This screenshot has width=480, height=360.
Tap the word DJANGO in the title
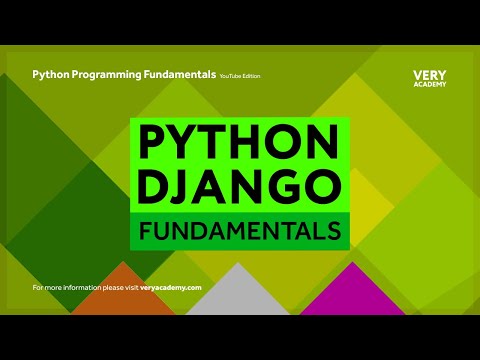coord(239,188)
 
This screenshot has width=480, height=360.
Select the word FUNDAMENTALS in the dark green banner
coord(240,232)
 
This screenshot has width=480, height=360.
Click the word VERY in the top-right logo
coord(430,75)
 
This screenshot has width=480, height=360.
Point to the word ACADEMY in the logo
coord(430,84)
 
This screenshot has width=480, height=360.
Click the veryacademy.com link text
coord(171,287)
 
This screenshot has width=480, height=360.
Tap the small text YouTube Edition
coord(244,76)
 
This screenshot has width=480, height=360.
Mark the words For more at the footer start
coord(46,287)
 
